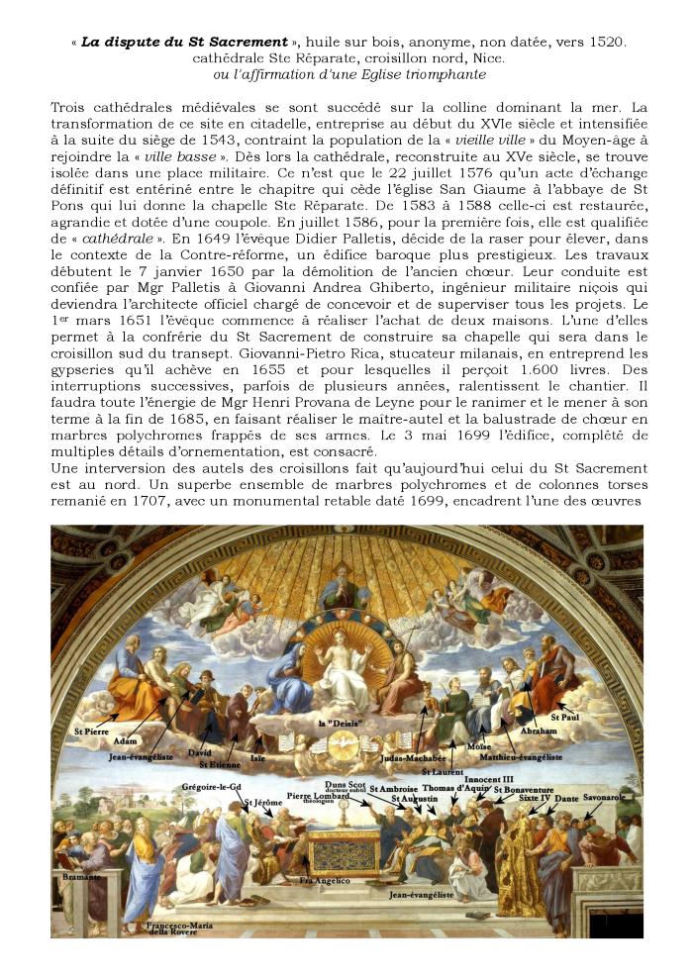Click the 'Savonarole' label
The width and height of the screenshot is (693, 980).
[x=605, y=796]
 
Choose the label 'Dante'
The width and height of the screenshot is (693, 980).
[x=566, y=798]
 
